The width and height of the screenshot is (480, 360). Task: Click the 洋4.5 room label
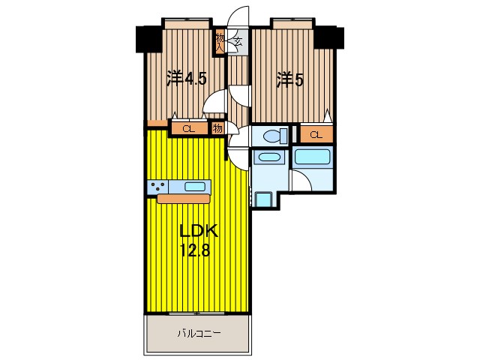tap(186, 78)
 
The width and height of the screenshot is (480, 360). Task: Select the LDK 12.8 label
tap(193, 241)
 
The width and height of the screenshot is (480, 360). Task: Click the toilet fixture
tap(272, 136)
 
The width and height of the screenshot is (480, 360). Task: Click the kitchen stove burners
tap(157, 187)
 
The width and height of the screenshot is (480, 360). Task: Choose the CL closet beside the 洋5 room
tap(316, 135)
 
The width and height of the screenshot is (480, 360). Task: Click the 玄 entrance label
tap(236, 43)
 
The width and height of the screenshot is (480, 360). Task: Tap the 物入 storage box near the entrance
tap(220, 42)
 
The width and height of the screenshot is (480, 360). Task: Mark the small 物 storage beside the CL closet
tap(217, 128)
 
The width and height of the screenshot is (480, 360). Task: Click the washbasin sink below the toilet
tap(267, 158)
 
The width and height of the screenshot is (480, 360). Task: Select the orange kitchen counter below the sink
tap(184, 199)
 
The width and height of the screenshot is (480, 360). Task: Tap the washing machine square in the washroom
tap(263, 199)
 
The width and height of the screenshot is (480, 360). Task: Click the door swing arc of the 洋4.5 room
tap(217, 102)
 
